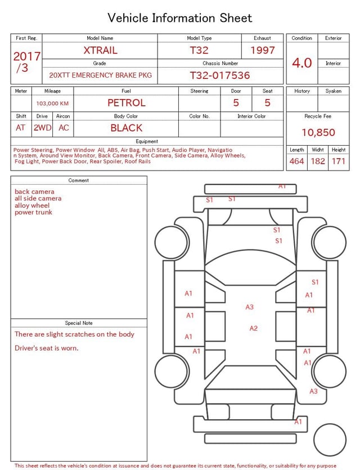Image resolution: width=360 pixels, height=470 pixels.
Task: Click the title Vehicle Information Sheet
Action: [180, 18]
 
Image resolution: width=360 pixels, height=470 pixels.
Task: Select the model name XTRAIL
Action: [100, 50]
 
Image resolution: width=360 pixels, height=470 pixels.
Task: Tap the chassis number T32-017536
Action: [219, 75]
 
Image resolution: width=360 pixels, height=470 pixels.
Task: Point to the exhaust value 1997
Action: [263, 50]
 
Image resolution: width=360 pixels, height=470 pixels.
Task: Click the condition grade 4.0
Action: [302, 62]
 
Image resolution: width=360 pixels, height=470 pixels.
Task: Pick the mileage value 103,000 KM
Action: [52, 104]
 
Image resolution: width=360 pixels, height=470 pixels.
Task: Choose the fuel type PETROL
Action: [127, 103]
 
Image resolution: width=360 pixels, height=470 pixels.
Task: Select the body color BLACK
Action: [126, 128]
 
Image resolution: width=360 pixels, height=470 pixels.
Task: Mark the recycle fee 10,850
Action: [318, 133]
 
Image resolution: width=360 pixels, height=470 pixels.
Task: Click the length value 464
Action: [296, 162]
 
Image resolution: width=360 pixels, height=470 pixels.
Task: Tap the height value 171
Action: [339, 162]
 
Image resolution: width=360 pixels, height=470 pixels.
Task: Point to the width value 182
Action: [318, 162]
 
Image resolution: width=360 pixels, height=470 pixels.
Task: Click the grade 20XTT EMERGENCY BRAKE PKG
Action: [100, 75]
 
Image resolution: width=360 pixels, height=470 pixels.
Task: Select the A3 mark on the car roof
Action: [249, 307]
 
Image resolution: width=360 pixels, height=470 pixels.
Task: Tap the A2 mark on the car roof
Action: [253, 328]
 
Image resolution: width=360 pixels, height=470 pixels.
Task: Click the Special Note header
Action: [79, 323]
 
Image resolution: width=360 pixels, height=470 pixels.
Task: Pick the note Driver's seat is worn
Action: [47, 348]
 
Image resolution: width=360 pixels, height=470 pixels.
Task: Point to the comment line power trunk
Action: [33, 212]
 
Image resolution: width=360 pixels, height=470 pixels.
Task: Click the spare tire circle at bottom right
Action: [330, 440]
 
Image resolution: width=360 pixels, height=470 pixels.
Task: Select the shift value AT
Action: [21, 128]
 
